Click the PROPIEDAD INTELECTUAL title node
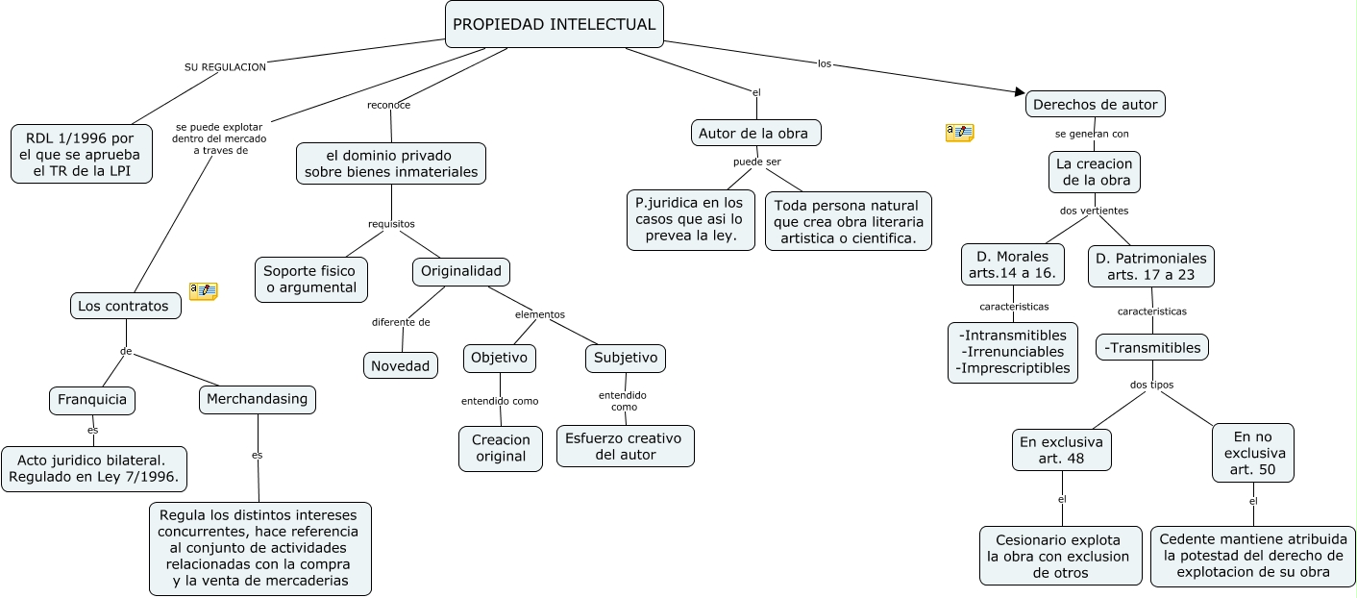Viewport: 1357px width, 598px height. click(555, 24)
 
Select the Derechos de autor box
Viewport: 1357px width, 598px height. click(1096, 104)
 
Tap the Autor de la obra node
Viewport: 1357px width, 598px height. click(756, 133)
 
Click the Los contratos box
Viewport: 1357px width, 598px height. click(125, 306)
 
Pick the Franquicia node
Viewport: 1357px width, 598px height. click(92, 400)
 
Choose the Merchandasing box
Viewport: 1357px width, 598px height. click(258, 399)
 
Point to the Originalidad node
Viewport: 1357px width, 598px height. click(461, 272)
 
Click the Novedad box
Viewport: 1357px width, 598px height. click(401, 365)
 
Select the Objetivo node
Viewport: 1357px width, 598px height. click(499, 358)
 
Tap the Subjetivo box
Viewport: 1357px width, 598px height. click(626, 358)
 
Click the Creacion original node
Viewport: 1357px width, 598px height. click(501, 448)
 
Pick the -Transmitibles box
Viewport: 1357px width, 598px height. click(1152, 347)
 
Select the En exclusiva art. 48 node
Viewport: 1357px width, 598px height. click(1062, 450)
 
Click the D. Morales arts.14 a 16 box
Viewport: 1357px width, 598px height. click(1013, 264)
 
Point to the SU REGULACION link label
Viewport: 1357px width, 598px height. click(225, 67)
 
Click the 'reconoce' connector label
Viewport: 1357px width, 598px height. click(389, 105)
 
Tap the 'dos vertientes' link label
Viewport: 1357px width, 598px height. click(1094, 210)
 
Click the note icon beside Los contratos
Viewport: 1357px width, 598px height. click(204, 290)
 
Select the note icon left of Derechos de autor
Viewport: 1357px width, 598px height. click(959, 133)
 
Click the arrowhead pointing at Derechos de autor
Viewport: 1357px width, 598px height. click(1021, 92)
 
